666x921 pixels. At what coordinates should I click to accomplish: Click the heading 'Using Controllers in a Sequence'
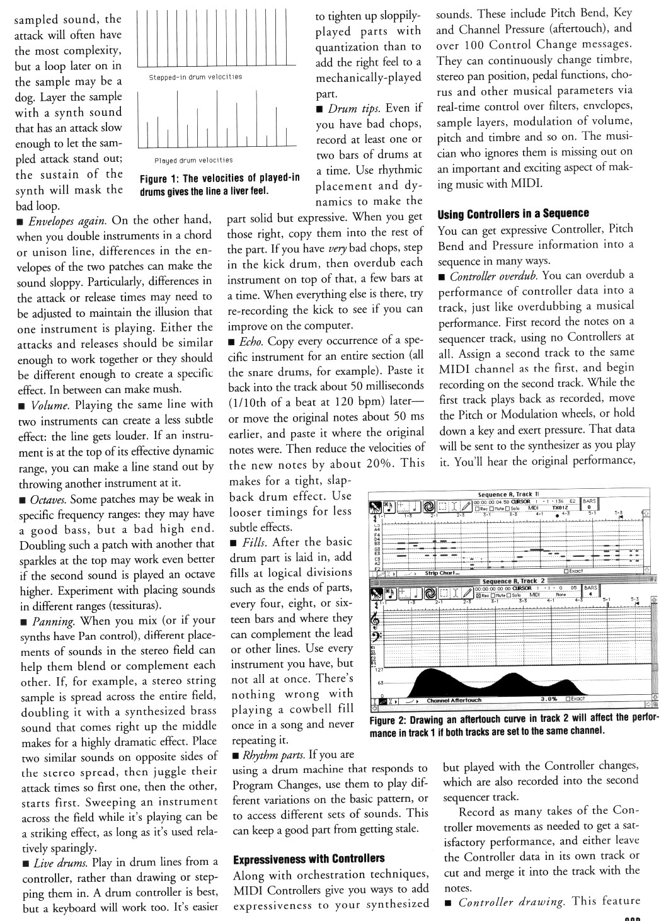click(x=514, y=214)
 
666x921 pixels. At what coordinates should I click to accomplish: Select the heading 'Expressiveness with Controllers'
click(x=309, y=859)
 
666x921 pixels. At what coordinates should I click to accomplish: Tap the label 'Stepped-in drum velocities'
click(x=195, y=77)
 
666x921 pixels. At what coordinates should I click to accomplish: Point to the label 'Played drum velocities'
click(x=193, y=161)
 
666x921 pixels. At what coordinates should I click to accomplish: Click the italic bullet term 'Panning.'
click(x=55, y=621)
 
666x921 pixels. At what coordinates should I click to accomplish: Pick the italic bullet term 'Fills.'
click(x=248, y=542)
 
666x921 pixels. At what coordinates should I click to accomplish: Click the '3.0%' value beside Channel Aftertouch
click(x=549, y=699)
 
